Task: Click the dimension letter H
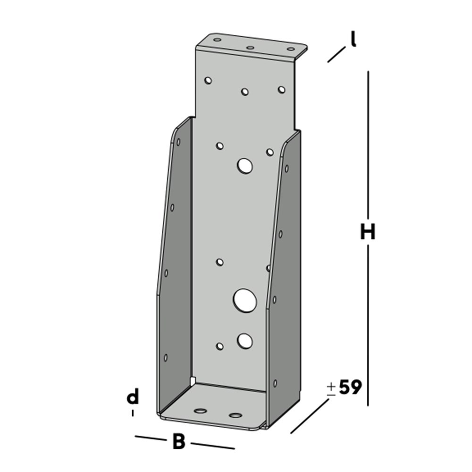[367, 232]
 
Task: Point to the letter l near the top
[353, 40]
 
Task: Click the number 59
[350, 388]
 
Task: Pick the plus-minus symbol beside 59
[331, 388]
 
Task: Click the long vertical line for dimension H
[368, 142]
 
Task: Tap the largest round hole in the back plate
[245, 300]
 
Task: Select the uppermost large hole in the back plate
[244, 166]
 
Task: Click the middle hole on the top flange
[250, 48]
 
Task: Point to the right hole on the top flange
[291, 49]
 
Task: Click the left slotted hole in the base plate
[201, 411]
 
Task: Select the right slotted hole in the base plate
[235, 415]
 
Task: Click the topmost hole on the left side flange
[178, 141]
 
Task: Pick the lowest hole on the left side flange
[166, 357]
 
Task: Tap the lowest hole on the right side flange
[275, 383]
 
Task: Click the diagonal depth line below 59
[310, 416]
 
